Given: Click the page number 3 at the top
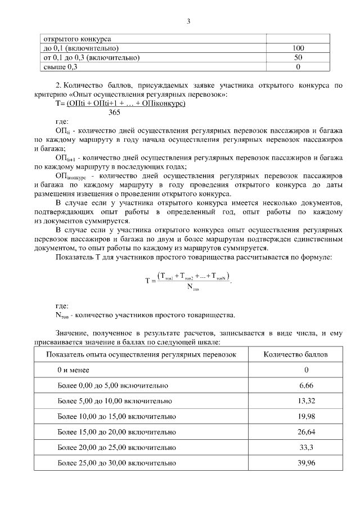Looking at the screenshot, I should [x=188, y=21].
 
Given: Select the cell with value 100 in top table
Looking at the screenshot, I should [x=298, y=48].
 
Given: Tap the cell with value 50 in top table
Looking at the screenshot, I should [x=298, y=57].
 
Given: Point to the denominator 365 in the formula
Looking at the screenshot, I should [x=114, y=112].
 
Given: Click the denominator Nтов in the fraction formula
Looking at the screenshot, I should [x=192, y=289].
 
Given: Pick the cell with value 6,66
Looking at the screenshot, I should [x=306, y=386].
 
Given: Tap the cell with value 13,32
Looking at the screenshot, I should [x=306, y=401].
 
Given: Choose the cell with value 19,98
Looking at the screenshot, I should [x=306, y=417].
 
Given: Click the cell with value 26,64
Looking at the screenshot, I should [x=306, y=432].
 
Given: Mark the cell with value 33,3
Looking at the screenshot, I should [x=306, y=448].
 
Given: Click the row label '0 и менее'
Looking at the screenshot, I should [x=73, y=370].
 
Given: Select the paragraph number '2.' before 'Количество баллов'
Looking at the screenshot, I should [x=58, y=85].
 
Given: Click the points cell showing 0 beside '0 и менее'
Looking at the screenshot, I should [x=306, y=370].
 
